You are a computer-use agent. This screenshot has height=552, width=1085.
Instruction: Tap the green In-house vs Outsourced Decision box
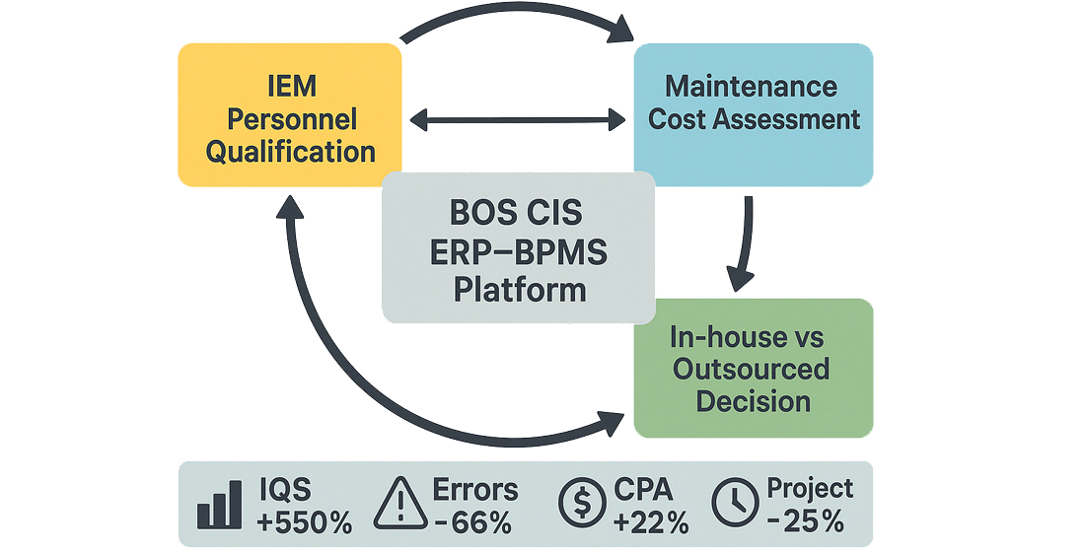coord(753,370)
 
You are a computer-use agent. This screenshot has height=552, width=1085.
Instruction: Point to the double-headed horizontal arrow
coord(518,120)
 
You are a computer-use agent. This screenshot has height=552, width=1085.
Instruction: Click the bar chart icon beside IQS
coord(219,506)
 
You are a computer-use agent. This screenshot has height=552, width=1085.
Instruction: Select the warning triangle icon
coord(399,505)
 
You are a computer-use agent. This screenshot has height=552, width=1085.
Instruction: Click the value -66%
coord(473,522)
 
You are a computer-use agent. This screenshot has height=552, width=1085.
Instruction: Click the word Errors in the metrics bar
coord(476,490)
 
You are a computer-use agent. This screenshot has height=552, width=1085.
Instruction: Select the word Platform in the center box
coord(518,291)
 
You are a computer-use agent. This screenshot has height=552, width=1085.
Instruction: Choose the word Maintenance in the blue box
coord(752,86)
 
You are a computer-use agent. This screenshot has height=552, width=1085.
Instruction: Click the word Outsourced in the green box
coord(752,370)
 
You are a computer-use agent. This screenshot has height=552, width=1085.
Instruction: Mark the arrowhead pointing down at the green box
coord(742,278)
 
